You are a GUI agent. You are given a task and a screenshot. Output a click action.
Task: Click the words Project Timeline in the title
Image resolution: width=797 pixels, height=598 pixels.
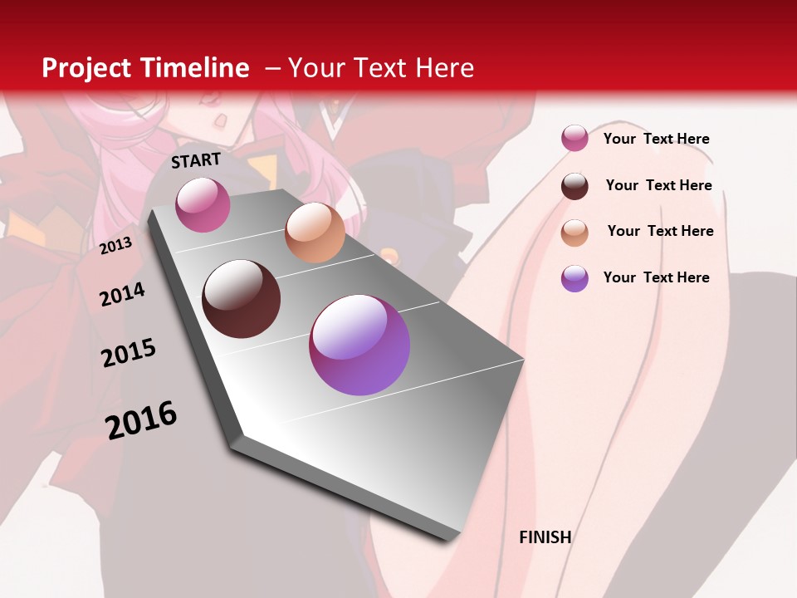145,68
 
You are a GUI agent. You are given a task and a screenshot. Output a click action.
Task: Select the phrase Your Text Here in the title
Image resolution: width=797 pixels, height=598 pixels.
381,68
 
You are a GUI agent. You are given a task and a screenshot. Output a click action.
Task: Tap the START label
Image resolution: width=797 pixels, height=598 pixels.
196,160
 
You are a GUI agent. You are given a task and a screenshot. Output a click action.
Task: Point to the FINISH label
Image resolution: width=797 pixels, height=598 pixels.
545,537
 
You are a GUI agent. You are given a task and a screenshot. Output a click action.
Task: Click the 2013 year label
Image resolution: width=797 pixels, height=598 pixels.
115,246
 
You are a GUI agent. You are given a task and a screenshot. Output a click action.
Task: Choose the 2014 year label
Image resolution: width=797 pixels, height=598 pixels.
122,294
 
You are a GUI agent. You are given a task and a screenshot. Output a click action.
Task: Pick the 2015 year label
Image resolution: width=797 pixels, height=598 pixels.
129,353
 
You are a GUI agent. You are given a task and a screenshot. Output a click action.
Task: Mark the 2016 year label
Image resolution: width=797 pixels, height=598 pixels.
141,419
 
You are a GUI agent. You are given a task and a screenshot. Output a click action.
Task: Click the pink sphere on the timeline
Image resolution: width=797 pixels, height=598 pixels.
203,205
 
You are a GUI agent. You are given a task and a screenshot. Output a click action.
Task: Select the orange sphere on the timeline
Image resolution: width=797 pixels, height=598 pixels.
315,233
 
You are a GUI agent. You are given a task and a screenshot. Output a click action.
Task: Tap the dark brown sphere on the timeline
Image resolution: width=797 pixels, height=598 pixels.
242,299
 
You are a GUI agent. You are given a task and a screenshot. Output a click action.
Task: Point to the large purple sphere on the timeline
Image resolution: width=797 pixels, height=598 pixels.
359,345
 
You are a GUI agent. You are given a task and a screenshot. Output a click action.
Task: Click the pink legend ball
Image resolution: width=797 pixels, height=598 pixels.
575,138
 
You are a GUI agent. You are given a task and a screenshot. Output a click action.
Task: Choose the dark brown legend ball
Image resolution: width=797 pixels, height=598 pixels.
575,186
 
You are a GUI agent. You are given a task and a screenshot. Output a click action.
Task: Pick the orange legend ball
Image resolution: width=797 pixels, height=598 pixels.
575,233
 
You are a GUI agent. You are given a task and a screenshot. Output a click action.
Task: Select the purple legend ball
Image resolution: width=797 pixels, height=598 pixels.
575,278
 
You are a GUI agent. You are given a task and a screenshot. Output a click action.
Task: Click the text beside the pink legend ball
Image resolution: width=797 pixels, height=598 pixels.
657,139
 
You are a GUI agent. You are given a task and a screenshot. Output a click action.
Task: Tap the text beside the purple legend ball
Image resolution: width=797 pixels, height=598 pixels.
657,277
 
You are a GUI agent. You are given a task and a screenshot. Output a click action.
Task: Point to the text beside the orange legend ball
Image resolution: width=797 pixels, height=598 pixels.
661,231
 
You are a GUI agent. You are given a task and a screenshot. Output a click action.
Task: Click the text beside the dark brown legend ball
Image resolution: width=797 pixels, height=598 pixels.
659,185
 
